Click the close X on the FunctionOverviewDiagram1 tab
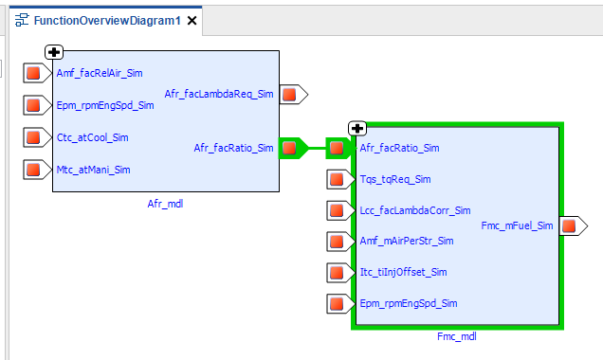(192, 20)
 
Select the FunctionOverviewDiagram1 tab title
(107, 20)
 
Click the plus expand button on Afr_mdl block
(54, 52)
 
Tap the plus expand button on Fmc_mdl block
(357, 128)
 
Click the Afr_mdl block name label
(165, 204)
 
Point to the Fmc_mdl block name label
(457, 336)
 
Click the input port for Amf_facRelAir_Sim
(37, 73)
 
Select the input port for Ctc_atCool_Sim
(37, 137)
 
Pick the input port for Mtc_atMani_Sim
(37, 170)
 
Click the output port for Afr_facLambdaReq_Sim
(293, 95)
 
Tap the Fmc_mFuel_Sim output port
(574, 225)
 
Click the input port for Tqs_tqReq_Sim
(340, 179)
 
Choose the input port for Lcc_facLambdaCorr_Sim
(340, 210)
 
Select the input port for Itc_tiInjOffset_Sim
(340, 273)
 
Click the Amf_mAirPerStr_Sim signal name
(407, 241)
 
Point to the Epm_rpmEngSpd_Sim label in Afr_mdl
(105, 105)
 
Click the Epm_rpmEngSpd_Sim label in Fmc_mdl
(409, 303)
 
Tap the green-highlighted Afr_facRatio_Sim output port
(293, 148)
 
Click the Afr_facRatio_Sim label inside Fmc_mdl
(399, 148)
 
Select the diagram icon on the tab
(22, 20)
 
